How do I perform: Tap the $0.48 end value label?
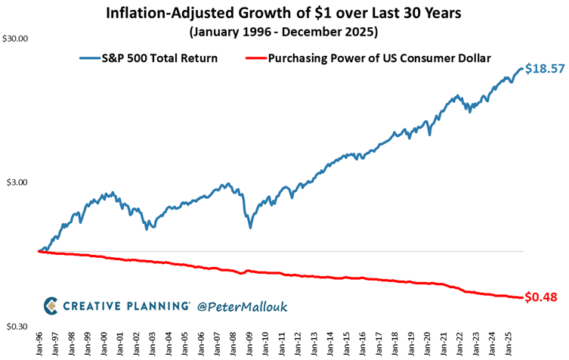tap(542, 297)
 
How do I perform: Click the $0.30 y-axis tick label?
tap(17, 327)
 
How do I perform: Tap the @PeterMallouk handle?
tap(243, 306)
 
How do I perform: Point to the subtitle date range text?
tap(283, 33)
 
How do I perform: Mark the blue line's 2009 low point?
tap(250, 227)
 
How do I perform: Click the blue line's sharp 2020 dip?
tap(430, 135)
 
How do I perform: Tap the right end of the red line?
tap(521, 297)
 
